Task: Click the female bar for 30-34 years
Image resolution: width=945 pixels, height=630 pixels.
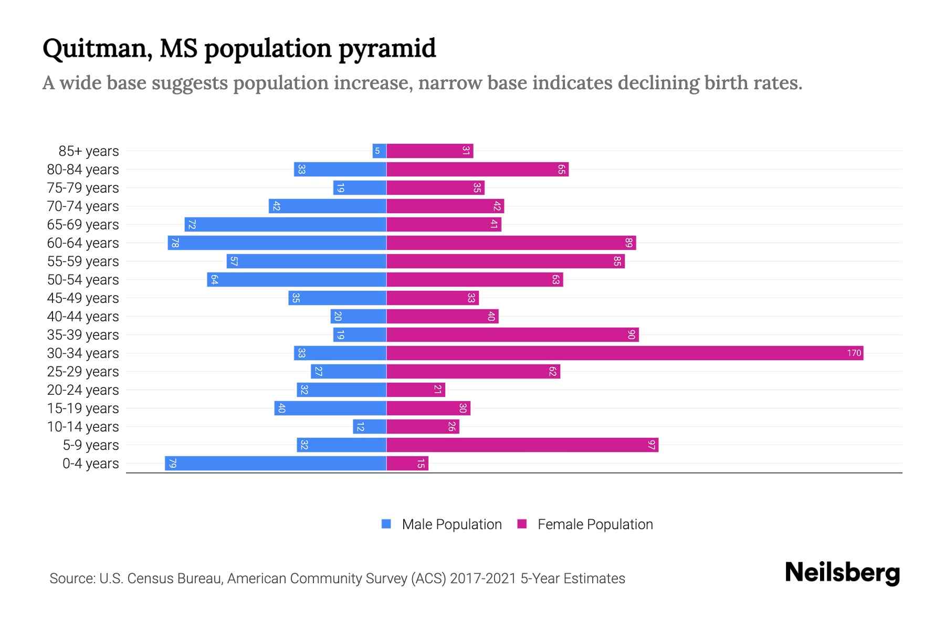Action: click(625, 353)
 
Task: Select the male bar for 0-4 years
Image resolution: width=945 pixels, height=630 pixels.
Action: click(276, 463)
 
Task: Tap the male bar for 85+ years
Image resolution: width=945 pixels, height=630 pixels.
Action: click(380, 151)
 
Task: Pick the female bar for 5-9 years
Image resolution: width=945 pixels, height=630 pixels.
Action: click(522, 445)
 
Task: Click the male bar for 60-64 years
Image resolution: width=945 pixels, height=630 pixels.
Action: click(277, 243)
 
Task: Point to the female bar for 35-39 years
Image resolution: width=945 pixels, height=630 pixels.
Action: click(512, 334)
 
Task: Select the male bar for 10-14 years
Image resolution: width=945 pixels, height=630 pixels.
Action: click(370, 426)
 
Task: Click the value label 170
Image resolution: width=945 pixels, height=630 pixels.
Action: click(854, 353)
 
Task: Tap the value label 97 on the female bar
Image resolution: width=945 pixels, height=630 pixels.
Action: click(652, 445)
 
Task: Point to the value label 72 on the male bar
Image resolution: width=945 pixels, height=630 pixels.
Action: click(192, 224)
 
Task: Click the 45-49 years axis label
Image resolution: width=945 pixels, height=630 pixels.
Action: click(83, 298)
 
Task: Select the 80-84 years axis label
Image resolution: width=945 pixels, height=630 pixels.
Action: click(83, 169)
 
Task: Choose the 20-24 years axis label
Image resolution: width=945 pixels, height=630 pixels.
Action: click(83, 390)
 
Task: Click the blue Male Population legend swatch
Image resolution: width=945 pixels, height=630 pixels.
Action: click(386, 524)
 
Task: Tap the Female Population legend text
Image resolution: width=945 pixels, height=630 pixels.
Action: click(595, 524)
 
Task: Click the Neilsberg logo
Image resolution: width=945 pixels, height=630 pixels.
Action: click(842, 573)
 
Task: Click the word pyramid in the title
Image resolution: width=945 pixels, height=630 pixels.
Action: click(387, 49)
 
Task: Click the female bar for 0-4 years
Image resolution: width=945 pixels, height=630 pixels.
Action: click(407, 463)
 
